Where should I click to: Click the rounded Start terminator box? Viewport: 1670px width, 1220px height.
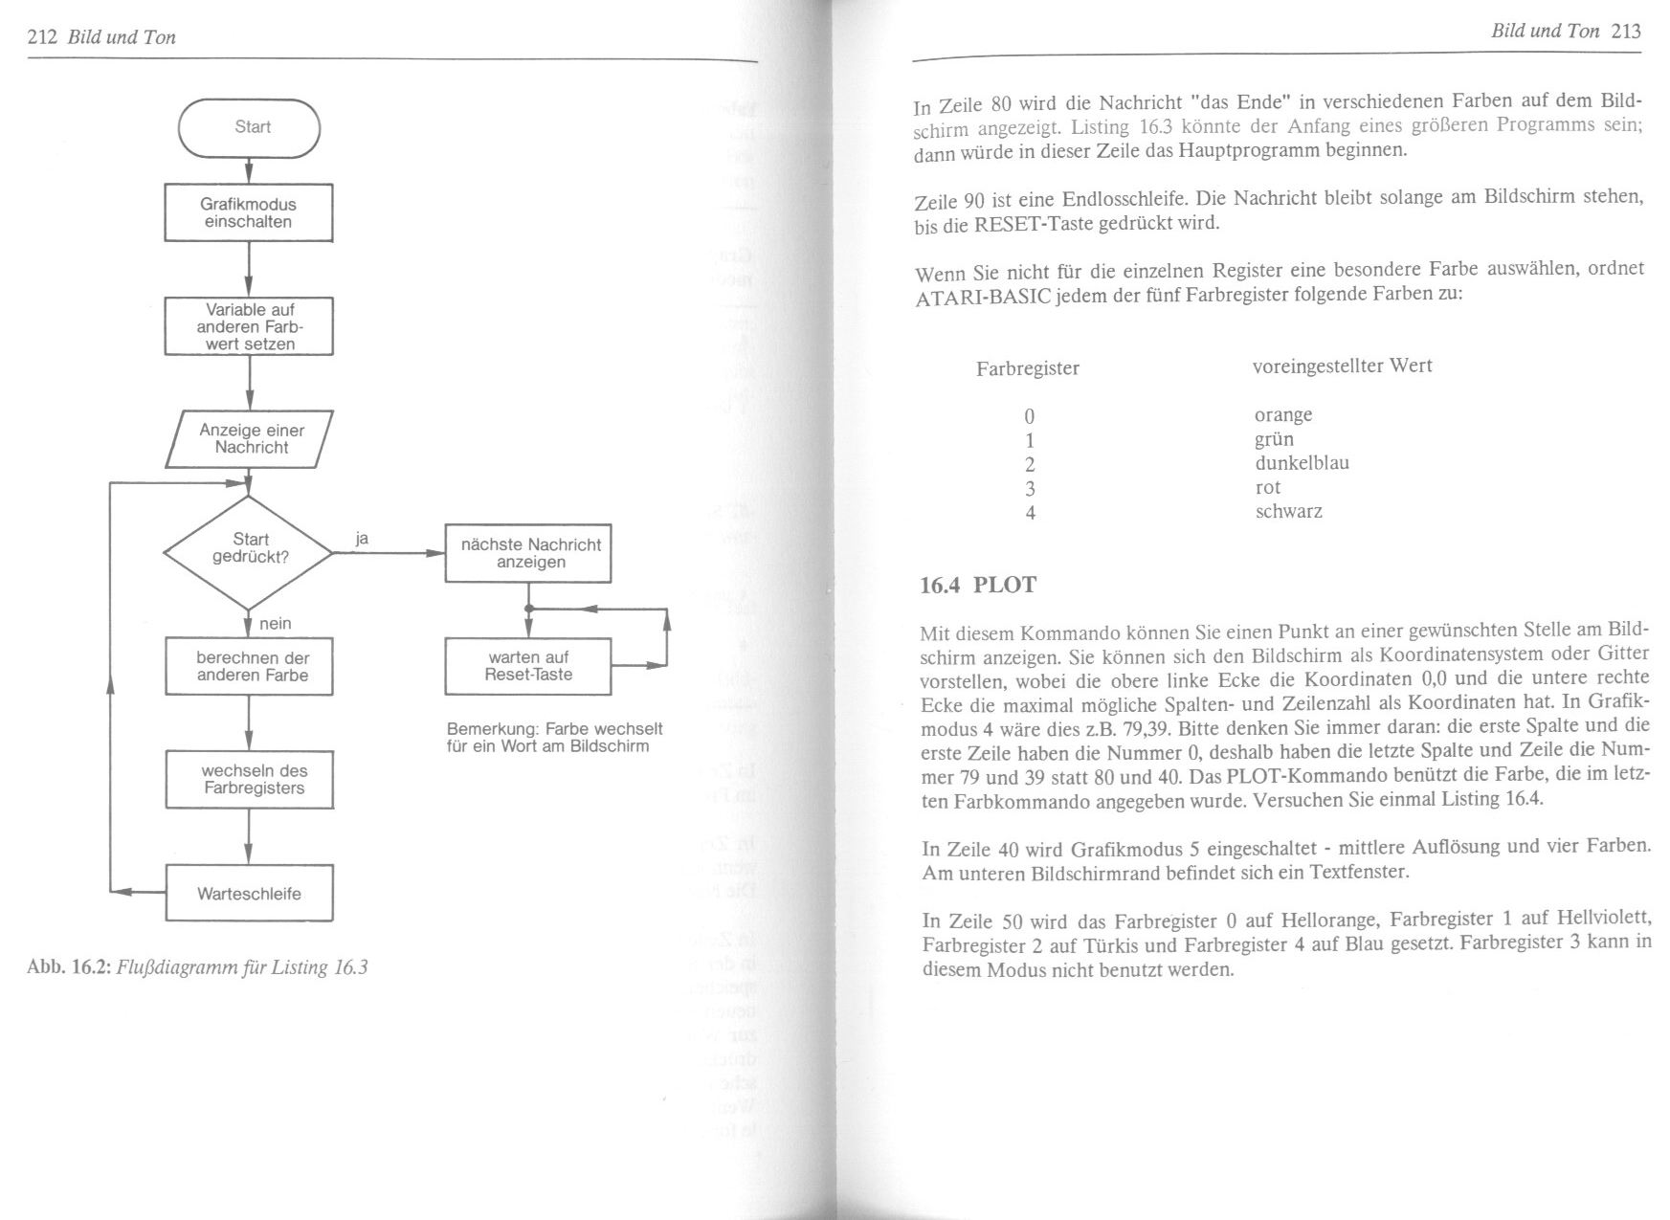pyautogui.click(x=249, y=127)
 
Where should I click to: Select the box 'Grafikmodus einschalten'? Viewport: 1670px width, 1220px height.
pyautogui.click(x=249, y=212)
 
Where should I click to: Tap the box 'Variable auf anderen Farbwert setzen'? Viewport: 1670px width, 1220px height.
pyautogui.click(x=249, y=326)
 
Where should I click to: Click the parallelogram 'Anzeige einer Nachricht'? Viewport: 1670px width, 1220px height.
pyautogui.click(x=250, y=439)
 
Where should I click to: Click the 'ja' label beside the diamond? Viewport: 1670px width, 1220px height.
pyautogui.click(x=362, y=540)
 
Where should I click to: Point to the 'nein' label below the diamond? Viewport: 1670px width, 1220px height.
pyautogui.click(x=276, y=624)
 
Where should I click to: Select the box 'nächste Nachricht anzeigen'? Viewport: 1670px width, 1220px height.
pyautogui.click(x=528, y=553)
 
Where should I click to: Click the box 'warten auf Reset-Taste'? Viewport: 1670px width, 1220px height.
pyautogui.click(x=528, y=666)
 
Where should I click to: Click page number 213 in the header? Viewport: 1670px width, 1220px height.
pyautogui.click(x=1626, y=32)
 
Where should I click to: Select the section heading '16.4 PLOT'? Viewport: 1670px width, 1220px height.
pyautogui.click(x=977, y=586)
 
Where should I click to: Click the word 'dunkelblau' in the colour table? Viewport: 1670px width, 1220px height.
pyautogui.click(x=1302, y=463)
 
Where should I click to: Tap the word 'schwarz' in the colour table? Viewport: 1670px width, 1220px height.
pyautogui.click(x=1288, y=512)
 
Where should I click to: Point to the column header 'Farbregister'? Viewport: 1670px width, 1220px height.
pyautogui.click(x=1027, y=368)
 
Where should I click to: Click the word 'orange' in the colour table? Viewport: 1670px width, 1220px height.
pyautogui.click(x=1283, y=415)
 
